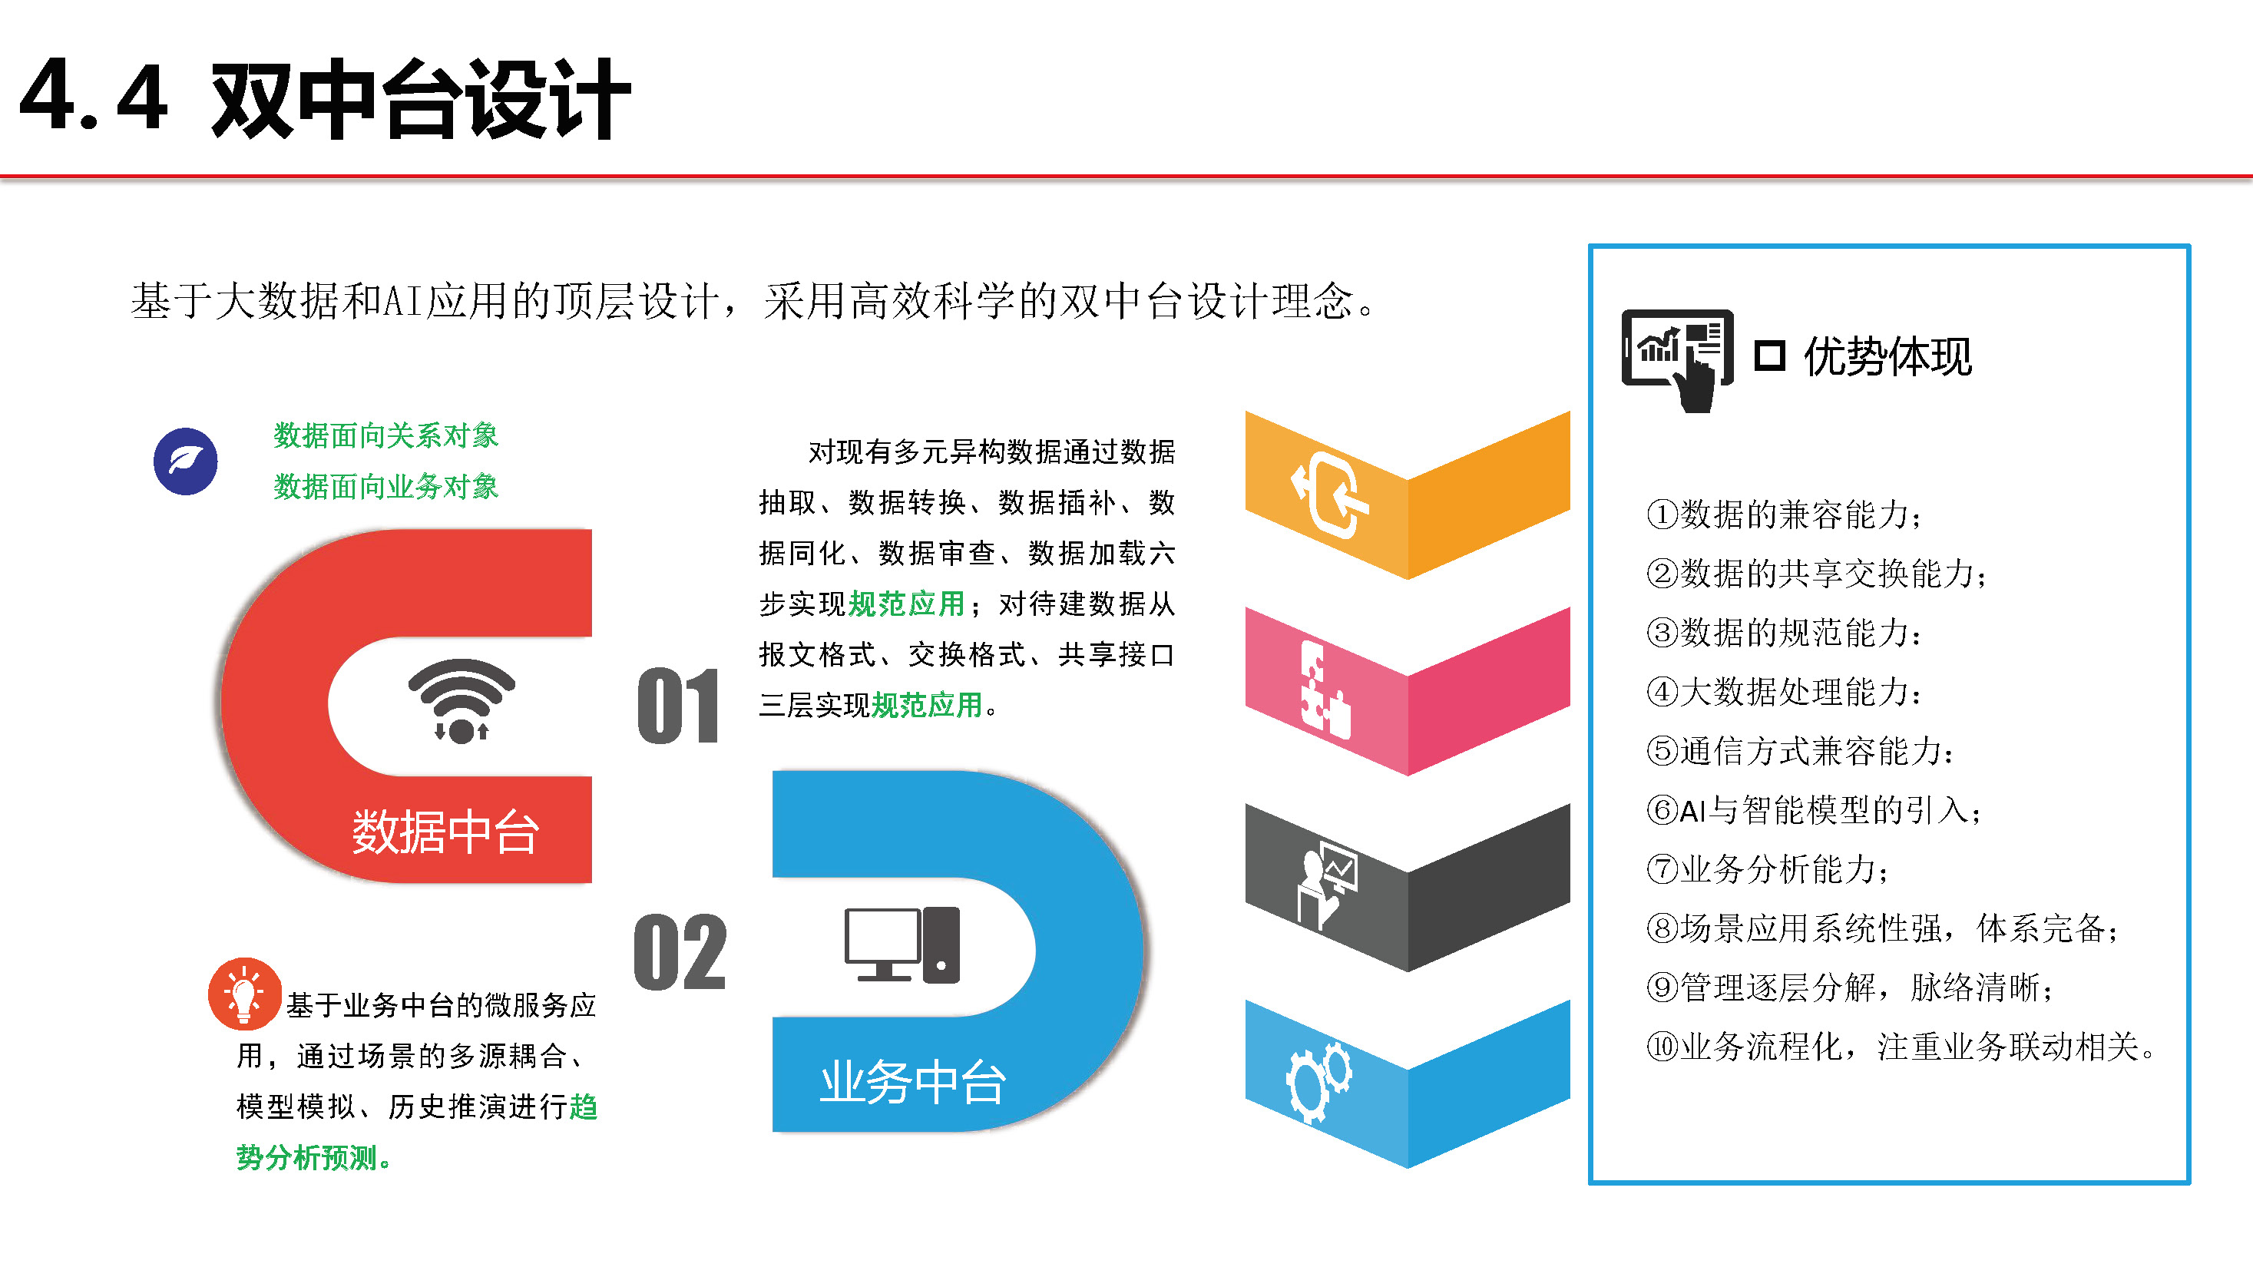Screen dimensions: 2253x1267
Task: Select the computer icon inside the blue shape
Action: [902, 944]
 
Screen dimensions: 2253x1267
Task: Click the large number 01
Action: [678, 706]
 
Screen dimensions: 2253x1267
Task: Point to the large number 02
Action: [680, 952]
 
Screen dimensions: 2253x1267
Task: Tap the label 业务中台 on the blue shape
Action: [912, 1082]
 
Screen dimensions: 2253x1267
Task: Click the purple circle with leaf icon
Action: [185, 461]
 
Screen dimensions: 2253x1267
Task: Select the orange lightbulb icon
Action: [244, 994]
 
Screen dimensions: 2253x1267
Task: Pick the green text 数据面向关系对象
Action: [385, 435]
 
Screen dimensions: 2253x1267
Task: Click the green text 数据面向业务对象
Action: [385, 486]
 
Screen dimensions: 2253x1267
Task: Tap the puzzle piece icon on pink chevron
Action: [1324, 690]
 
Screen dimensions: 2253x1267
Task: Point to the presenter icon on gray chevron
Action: [1327, 886]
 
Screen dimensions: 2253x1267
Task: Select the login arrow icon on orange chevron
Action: [1330, 495]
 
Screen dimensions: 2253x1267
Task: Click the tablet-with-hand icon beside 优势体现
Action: [1676, 359]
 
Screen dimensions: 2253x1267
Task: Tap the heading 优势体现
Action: [1887, 357]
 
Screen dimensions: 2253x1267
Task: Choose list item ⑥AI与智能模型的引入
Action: [1814, 811]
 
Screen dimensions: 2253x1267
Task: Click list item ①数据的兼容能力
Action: [1785, 514]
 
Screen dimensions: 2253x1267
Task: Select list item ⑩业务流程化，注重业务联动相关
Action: [1901, 1047]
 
